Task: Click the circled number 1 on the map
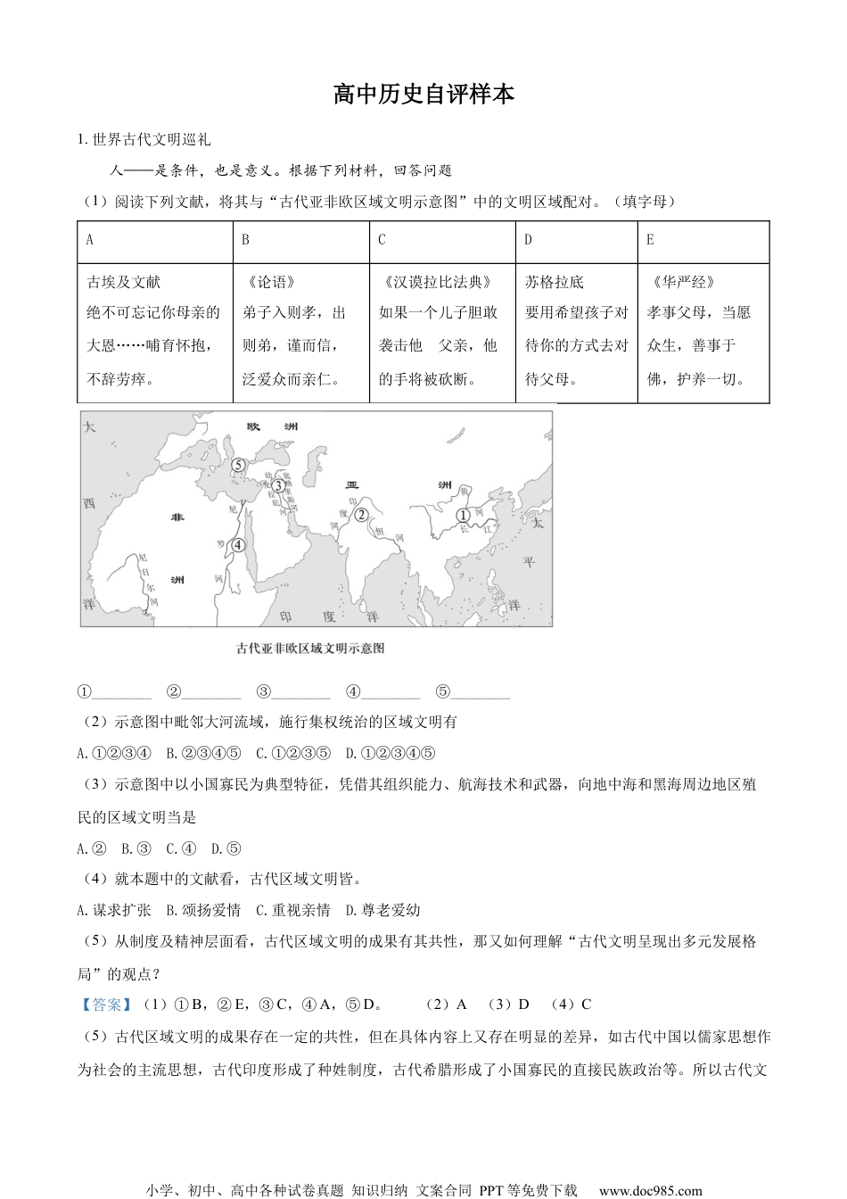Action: (x=463, y=515)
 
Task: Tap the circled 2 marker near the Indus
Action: (x=361, y=514)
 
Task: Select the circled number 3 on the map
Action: (x=278, y=485)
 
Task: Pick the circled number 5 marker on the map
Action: (x=238, y=464)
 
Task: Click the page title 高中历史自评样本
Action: (x=423, y=95)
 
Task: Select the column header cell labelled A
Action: (x=89, y=240)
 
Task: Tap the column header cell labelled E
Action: (x=650, y=240)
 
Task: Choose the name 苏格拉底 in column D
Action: (x=554, y=282)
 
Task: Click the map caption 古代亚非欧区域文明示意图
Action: (x=310, y=649)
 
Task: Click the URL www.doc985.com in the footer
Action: (x=650, y=1190)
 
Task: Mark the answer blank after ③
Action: (x=301, y=693)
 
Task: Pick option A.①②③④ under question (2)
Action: (x=114, y=753)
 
